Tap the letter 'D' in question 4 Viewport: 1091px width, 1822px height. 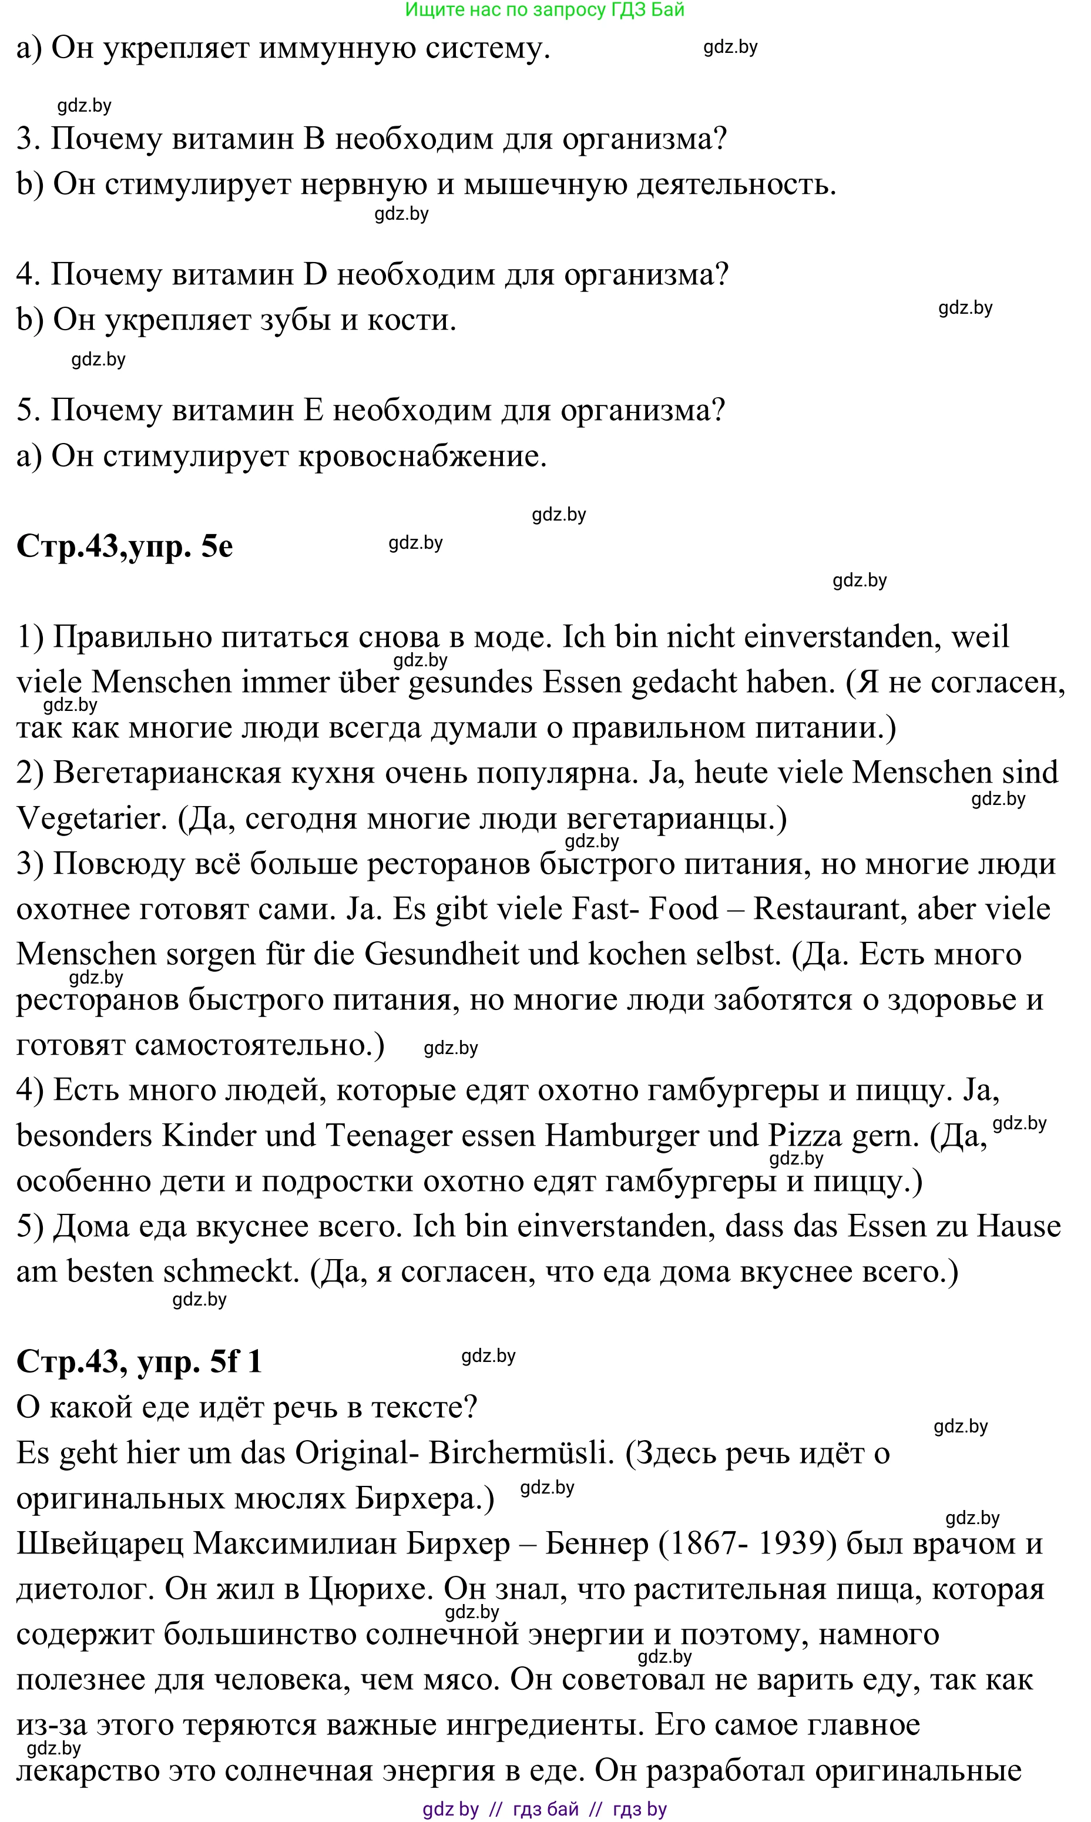[315, 274]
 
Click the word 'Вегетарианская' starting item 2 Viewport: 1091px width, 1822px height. [167, 773]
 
